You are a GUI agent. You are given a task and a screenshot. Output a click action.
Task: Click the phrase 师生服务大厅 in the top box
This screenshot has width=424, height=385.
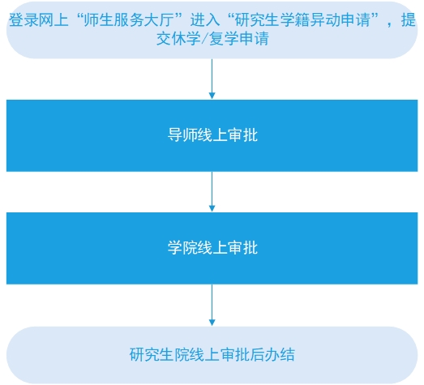[129, 20]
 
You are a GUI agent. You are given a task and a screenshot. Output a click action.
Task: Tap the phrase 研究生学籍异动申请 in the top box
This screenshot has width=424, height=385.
[302, 20]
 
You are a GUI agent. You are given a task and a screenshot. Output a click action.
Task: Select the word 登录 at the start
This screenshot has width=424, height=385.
[24, 20]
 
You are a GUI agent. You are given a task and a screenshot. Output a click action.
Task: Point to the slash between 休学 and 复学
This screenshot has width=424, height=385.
[204, 39]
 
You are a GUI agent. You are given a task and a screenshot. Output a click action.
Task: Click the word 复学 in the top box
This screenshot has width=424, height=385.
[224, 39]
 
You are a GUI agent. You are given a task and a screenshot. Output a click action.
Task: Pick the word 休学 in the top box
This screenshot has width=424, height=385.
[186, 39]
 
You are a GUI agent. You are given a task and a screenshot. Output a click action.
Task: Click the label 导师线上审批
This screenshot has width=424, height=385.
[212, 135]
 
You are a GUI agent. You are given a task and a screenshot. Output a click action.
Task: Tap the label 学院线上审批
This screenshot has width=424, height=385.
[212, 247]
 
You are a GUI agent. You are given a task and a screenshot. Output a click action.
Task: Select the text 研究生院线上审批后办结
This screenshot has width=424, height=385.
[212, 354]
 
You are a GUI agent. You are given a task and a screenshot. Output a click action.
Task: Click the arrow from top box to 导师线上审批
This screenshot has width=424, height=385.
[212, 79]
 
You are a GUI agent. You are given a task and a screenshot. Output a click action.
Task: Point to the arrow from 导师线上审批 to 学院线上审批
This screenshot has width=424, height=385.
[212, 191]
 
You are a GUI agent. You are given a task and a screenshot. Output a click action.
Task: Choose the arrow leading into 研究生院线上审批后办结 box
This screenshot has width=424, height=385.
[212, 305]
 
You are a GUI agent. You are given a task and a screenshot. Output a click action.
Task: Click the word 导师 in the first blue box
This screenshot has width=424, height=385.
[182, 135]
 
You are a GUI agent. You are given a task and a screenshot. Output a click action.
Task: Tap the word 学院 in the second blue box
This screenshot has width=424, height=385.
[182, 247]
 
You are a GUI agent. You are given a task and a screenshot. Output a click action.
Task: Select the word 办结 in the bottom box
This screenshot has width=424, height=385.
[280, 354]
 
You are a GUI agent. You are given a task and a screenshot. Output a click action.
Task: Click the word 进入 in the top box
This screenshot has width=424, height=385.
[205, 20]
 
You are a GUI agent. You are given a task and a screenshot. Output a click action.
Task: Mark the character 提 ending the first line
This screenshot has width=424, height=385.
[408, 20]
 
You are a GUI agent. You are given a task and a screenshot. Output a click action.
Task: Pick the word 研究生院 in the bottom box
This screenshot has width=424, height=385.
[160, 354]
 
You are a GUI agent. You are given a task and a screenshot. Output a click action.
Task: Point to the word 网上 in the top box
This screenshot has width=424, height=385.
[54, 20]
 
